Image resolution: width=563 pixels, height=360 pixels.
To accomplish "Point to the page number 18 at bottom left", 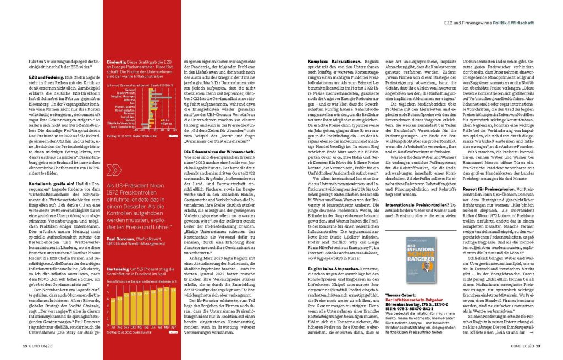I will pos(25,346).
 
